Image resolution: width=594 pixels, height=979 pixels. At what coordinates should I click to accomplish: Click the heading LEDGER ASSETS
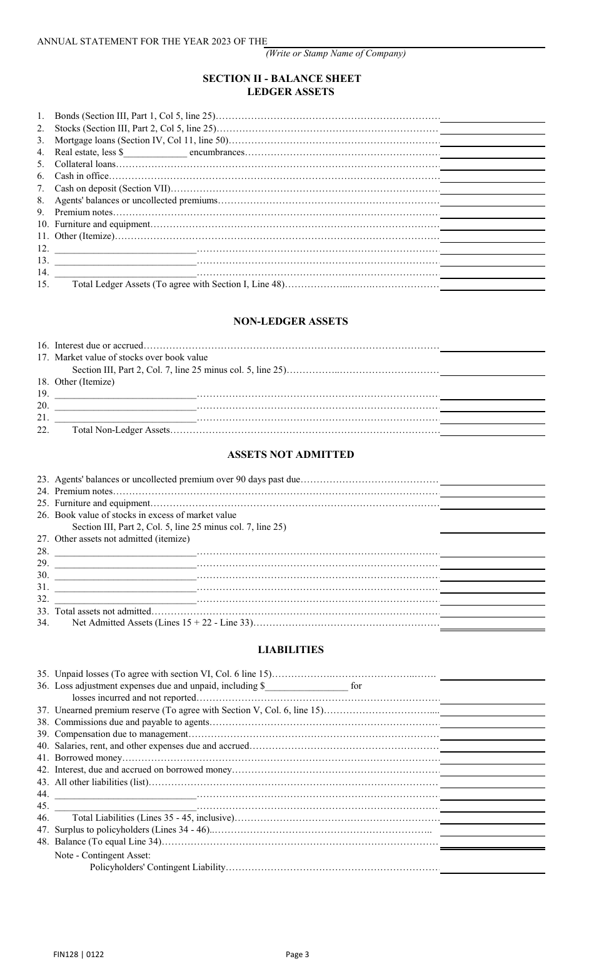(x=290, y=92)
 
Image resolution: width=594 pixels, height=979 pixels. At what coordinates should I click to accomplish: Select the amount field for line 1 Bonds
(x=492, y=116)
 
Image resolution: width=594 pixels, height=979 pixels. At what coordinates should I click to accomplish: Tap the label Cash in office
(x=81, y=176)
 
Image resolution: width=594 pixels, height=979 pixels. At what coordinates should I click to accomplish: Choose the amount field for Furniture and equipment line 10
(x=492, y=224)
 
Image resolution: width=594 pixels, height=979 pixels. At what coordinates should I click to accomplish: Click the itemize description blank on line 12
(x=125, y=248)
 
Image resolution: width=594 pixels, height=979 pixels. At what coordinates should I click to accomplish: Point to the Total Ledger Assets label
(x=178, y=285)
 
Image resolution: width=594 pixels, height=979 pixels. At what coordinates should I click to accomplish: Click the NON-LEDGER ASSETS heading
(x=290, y=322)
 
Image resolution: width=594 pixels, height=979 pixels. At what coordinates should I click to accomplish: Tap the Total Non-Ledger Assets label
(x=121, y=430)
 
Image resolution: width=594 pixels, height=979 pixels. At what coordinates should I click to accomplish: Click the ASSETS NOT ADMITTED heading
(x=290, y=455)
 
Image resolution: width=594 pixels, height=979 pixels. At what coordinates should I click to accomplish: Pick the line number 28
(x=43, y=552)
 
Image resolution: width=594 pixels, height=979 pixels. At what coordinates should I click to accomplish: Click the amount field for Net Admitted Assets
(x=492, y=623)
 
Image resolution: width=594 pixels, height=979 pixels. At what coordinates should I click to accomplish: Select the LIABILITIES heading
(x=290, y=650)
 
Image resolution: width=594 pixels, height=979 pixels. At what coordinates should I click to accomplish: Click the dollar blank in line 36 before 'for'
(x=306, y=686)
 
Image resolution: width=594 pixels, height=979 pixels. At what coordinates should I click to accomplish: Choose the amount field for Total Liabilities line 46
(x=492, y=818)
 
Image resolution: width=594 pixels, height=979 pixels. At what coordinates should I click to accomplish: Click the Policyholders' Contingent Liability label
(x=158, y=868)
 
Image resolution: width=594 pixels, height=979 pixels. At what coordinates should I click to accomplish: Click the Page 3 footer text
(x=297, y=955)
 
